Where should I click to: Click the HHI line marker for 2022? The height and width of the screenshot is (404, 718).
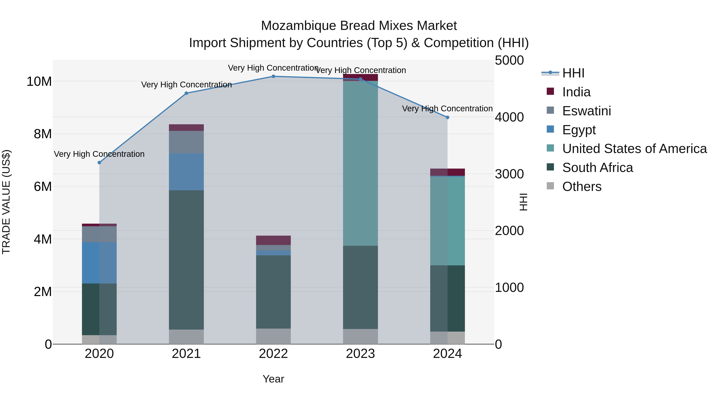[x=273, y=76]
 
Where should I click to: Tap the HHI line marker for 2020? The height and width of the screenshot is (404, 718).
[x=99, y=163]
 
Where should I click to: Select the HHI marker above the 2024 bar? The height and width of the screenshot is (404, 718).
[x=448, y=117]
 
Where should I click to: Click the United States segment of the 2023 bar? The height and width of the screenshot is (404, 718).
[x=360, y=163]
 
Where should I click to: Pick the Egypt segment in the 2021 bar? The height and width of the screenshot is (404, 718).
[x=186, y=172]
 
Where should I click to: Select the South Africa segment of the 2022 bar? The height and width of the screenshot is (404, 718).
[x=273, y=292]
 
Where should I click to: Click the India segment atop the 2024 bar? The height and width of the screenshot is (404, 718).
[x=448, y=172]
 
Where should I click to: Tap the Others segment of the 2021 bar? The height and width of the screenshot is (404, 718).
[x=186, y=337]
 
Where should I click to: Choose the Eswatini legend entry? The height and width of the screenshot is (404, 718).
[x=586, y=111]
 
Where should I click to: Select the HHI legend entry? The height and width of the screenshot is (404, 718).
[x=573, y=73]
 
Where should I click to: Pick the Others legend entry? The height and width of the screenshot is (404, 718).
[x=582, y=187]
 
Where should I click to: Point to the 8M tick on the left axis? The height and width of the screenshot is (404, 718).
[x=43, y=134]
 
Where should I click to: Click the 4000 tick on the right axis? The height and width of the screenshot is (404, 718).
[x=509, y=117]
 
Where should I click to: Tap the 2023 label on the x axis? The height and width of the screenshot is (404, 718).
[x=360, y=354]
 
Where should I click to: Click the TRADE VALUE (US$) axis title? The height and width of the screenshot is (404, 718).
[x=6, y=202]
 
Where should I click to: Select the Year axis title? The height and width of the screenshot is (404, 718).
[x=273, y=379]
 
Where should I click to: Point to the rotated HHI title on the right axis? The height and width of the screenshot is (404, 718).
[x=524, y=202]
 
